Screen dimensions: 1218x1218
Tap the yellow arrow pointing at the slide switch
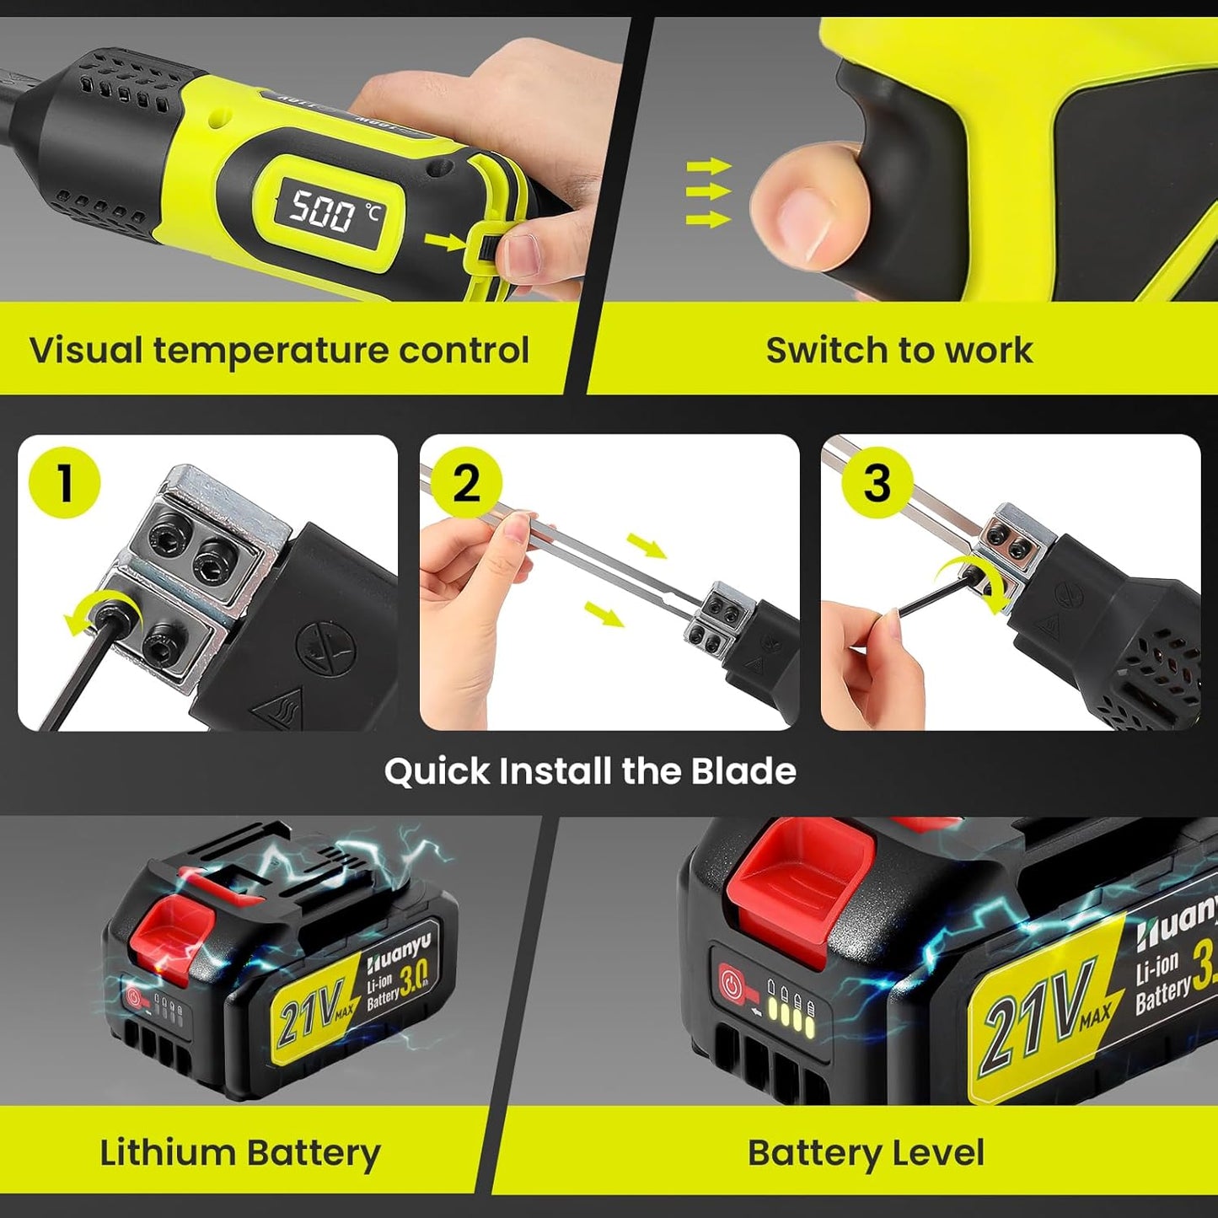pyautogui.click(x=444, y=243)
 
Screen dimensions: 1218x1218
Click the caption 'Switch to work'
pyautogui.click(x=899, y=351)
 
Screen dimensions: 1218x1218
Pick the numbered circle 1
pyautogui.click(x=65, y=483)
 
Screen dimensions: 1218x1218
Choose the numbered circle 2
pyautogui.click(x=467, y=484)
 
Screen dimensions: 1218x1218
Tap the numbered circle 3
pyautogui.click(x=877, y=483)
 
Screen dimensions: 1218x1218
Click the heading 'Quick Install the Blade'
pyautogui.click(x=590, y=771)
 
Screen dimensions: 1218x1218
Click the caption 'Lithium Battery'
pyautogui.click(x=240, y=1153)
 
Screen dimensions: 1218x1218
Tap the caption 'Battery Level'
pyautogui.click(x=866, y=1153)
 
